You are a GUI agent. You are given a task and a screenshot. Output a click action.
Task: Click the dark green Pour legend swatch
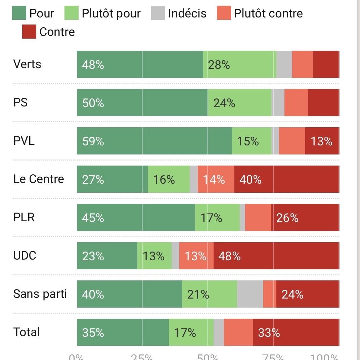[x=19, y=13]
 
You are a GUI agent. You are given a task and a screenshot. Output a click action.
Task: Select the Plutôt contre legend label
[x=268, y=13]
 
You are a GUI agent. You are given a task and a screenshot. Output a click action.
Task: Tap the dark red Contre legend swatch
[x=29, y=32]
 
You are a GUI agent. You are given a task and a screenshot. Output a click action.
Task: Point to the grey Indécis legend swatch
[x=158, y=13]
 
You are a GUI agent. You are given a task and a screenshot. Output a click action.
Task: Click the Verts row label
[x=27, y=64]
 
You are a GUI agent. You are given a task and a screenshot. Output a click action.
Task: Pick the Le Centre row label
[x=39, y=179]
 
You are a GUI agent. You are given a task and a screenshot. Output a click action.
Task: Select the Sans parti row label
[x=40, y=294]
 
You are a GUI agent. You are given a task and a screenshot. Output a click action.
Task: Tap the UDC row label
[x=25, y=256]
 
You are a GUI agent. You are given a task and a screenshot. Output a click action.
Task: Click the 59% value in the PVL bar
[x=93, y=141]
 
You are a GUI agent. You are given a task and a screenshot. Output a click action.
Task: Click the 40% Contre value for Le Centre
[x=250, y=180]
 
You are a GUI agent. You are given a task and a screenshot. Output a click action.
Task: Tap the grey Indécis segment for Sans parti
[x=250, y=294]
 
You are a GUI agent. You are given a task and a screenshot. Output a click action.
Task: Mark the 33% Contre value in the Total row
[x=269, y=333]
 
